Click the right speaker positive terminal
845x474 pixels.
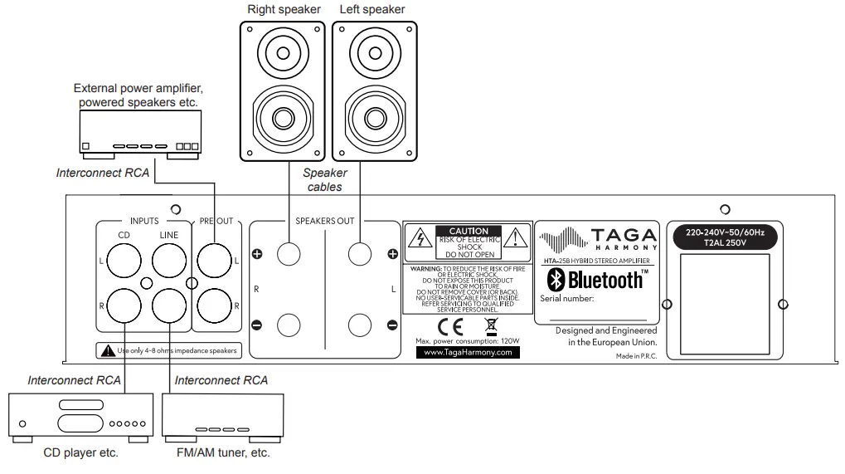288,254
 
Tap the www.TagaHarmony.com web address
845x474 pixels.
468,352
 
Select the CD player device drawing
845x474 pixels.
79,415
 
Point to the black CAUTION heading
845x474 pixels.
469,231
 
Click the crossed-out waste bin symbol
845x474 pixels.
489,325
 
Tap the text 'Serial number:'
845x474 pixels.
567,298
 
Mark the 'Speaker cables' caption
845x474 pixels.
324,180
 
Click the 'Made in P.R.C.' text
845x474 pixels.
636,355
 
